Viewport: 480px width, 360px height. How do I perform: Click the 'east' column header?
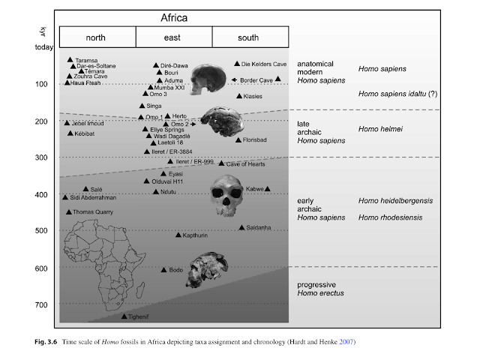click(174, 37)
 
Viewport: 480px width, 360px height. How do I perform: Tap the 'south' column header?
click(250, 37)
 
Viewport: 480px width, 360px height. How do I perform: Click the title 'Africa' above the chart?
click(173, 16)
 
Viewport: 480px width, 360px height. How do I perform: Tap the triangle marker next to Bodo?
click(164, 269)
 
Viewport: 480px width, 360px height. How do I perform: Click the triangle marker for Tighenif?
click(124, 316)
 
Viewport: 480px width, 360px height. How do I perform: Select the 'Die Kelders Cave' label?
click(264, 64)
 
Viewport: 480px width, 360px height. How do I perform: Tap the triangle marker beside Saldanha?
click(241, 227)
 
